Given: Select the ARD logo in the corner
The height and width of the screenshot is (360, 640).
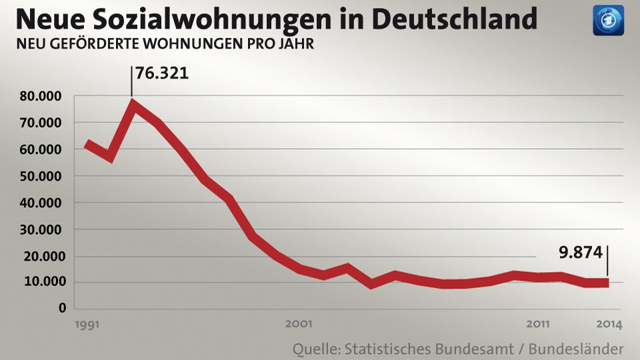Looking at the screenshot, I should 608,20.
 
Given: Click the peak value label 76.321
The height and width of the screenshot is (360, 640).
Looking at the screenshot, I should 162,72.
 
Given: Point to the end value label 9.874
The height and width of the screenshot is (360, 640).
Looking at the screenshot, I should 581,253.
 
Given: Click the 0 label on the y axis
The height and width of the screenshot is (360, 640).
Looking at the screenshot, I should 62,308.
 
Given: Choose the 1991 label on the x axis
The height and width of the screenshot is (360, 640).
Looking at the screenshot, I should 87,325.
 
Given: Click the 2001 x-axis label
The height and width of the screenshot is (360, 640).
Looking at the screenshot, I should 299,325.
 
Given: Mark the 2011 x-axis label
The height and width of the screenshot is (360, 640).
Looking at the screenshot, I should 538,325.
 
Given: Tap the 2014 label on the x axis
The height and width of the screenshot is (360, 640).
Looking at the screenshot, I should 609,325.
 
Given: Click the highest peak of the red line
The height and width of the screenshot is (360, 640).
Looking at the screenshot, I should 133,104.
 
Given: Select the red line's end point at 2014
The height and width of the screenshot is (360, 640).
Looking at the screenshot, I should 607,283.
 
